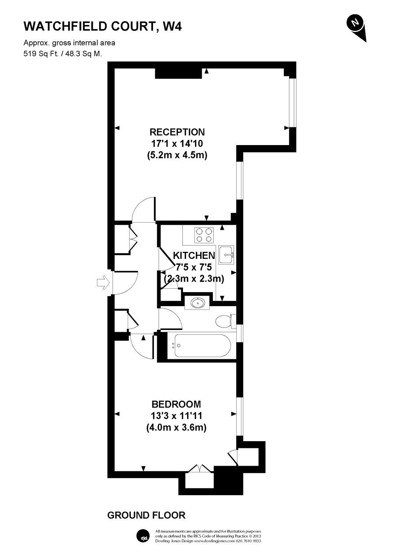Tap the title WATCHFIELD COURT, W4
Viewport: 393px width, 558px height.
103,26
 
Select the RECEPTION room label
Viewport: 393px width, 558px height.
177,132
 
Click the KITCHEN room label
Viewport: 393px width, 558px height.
194,256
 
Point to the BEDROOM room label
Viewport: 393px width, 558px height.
176,404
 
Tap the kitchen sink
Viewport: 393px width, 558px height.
226,255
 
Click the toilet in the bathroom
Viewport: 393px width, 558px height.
224,321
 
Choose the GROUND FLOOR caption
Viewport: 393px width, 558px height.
146,515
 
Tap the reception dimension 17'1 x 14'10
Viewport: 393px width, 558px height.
177,144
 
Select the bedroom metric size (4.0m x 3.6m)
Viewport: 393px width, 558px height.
176,427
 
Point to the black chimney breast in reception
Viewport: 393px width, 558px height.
178,73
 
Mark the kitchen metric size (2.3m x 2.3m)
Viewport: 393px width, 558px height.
194,278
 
